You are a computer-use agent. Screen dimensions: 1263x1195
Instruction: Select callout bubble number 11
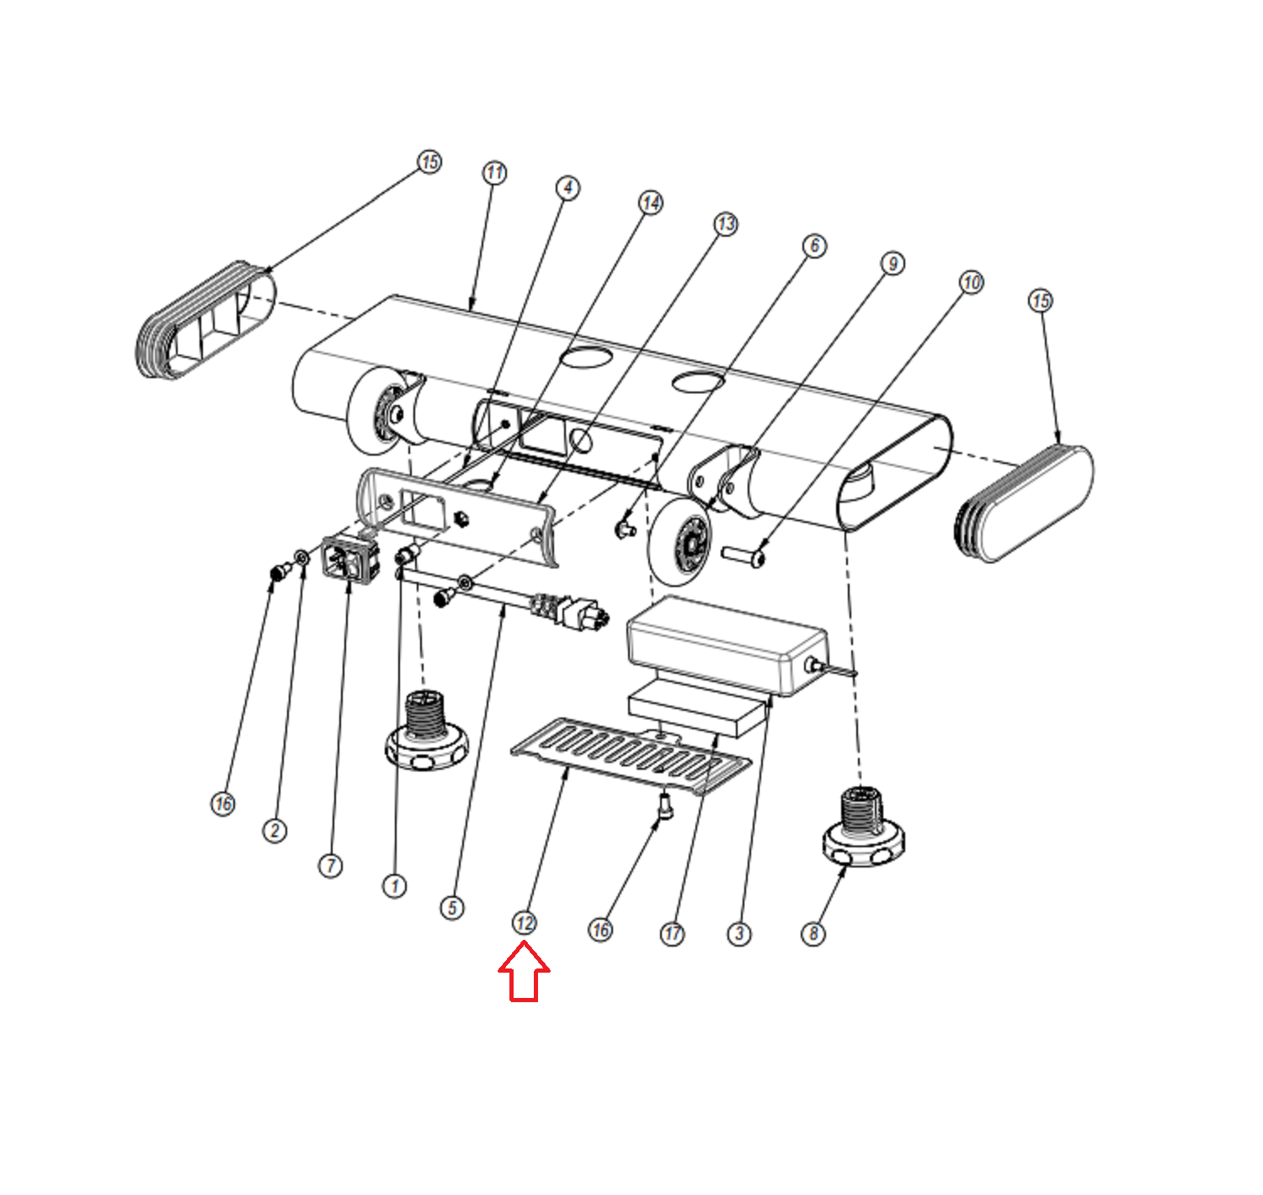[494, 173]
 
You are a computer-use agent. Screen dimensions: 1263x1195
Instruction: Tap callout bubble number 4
[568, 188]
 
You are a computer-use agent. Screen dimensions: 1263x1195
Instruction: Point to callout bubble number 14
[651, 203]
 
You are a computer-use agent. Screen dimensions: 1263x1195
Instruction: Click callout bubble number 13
[726, 224]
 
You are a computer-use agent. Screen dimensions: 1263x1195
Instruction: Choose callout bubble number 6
[814, 246]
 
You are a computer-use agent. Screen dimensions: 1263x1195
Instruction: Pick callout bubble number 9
[893, 264]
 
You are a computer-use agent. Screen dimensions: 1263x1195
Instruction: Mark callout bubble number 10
[972, 282]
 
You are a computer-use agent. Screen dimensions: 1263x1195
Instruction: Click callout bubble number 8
[813, 933]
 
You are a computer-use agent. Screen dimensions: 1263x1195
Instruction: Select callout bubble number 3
[739, 933]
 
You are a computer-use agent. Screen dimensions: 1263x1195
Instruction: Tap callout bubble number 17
[672, 933]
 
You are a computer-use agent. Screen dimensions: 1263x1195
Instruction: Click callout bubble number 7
[331, 865]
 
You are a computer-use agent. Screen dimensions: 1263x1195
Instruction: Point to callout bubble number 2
[274, 830]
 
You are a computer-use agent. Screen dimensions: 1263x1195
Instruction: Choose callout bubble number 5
[452, 907]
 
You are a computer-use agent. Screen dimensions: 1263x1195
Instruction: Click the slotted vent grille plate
[631, 755]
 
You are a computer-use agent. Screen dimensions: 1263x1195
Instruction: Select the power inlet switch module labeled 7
[350, 558]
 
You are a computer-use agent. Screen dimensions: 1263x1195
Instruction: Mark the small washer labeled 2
[301, 557]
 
